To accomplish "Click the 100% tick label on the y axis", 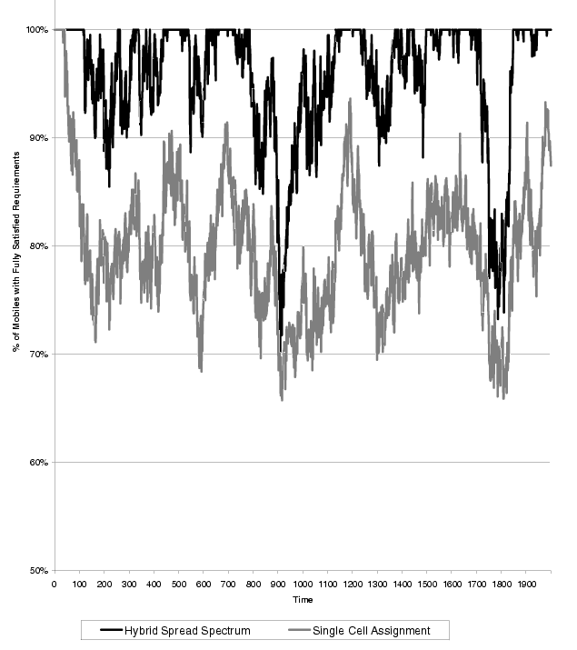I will [36, 29].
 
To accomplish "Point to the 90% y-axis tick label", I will [38, 137].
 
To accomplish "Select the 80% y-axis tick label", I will [38, 245].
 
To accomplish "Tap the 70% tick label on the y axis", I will [38, 354].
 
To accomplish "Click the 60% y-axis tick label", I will [38, 462].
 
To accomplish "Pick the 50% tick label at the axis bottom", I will [38, 570].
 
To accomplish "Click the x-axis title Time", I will [303, 601].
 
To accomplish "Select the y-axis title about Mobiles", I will [15, 299].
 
